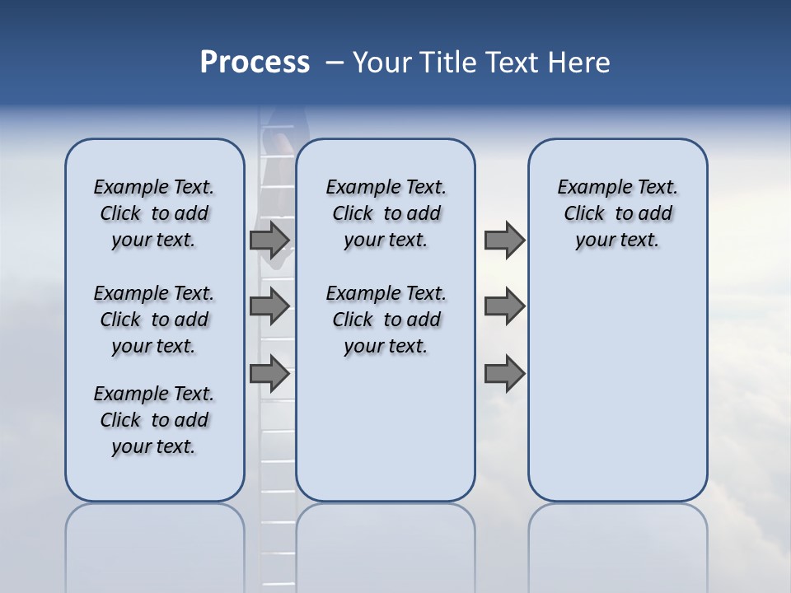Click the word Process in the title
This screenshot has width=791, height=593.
pos(255,63)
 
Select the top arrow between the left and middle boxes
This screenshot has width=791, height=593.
pos(269,240)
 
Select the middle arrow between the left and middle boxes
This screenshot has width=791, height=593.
pos(269,306)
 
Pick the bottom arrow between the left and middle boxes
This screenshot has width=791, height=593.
pos(269,374)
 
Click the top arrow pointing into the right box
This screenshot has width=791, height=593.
pos(504,240)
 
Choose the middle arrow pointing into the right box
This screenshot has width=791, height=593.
pos(504,306)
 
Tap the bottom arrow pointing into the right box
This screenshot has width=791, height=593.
pos(504,374)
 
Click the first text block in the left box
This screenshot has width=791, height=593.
pos(154,213)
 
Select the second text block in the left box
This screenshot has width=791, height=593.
pos(154,320)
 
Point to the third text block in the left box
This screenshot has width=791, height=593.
pos(154,420)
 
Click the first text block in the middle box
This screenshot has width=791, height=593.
pos(386,213)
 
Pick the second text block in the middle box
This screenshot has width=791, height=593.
pos(386,320)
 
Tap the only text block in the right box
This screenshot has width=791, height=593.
pos(617,213)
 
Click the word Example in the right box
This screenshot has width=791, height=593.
pos(588,188)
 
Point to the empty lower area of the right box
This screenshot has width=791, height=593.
pos(617,387)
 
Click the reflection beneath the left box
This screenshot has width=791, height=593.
pos(154,535)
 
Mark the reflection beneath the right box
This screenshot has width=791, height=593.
pos(617,535)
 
